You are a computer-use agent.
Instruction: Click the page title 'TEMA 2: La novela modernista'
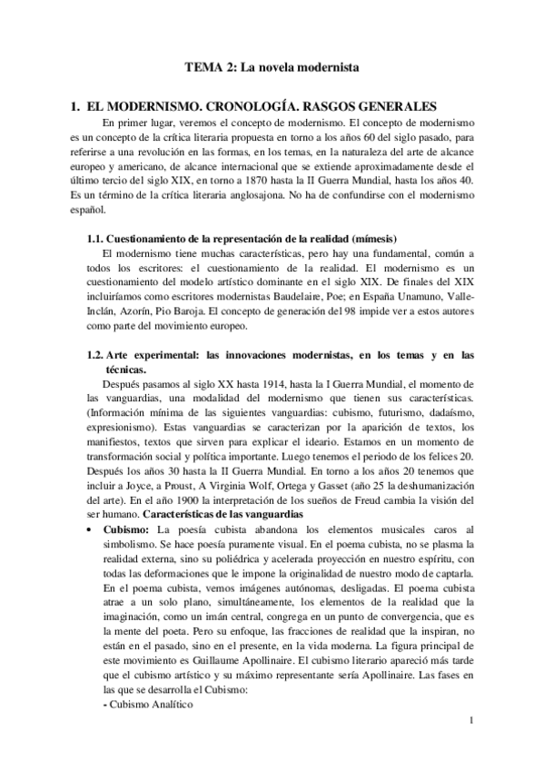pyautogui.click(x=272, y=67)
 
